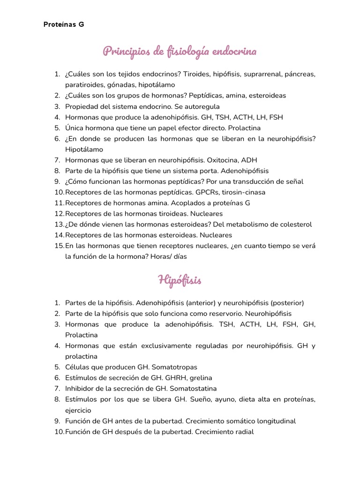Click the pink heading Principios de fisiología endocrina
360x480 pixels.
[180, 51]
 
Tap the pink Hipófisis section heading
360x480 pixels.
[180, 281]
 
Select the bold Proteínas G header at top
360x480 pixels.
[64, 24]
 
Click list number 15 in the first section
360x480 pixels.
[59, 246]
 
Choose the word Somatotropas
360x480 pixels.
[174, 367]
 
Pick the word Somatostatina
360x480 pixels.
[193, 389]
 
